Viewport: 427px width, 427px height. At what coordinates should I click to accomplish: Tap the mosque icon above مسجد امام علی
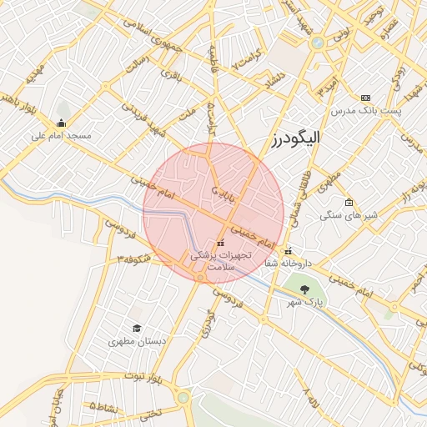(x=61, y=123)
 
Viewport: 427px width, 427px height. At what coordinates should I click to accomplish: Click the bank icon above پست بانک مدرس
(x=365, y=98)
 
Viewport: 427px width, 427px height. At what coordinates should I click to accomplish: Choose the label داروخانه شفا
(x=288, y=263)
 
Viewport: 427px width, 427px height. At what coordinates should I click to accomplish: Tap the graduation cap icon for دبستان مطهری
(x=137, y=329)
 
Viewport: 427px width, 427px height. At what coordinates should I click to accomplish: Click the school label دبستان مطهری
(x=137, y=342)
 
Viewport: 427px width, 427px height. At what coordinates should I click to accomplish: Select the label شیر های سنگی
(x=349, y=215)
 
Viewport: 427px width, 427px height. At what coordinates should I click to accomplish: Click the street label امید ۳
(x=325, y=88)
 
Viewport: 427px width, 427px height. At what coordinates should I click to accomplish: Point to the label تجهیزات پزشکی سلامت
(x=220, y=259)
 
